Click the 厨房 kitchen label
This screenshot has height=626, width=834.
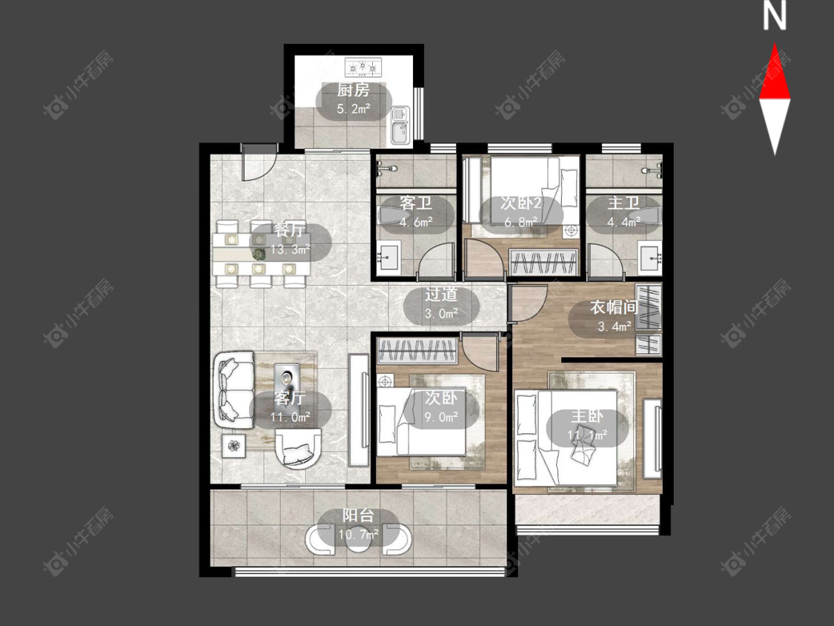pyautogui.click(x=353, y=90)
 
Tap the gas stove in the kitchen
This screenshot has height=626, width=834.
pyautogui.click(x=363, y=67)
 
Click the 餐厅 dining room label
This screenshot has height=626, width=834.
pyautogui.click(x=290, y=230)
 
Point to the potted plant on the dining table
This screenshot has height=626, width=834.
pyautogui.click(x=259, y=254)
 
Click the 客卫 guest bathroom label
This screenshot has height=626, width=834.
pyautogui.click(x=415, y=202)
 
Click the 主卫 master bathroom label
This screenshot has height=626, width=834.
pyautogui.click(x=623, y=202)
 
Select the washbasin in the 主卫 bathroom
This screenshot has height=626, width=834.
pyautogui.click(x=650, y=258)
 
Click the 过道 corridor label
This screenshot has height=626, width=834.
pyautogui.click(x=441, y=294)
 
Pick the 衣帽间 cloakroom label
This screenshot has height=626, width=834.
pyautogui.click(x=614, y=307)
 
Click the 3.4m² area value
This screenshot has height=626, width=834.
pyautogui.click(x=615, y=326)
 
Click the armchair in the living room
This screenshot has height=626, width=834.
pyautogui.click(x=299, y=448)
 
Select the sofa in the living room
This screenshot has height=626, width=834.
pyautogui.click(x=234, y=389)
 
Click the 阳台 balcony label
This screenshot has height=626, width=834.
pyautogui.click(x=358, y=515)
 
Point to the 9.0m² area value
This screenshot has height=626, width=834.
pyautogui.click(x=441, y=417)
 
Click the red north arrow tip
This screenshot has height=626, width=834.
pyautogui.click(x=775, y=45)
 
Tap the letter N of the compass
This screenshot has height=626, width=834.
pyautogui.click(x=775, y=16)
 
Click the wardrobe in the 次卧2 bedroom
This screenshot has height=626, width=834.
pyautogui.click(x=543, y=262)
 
